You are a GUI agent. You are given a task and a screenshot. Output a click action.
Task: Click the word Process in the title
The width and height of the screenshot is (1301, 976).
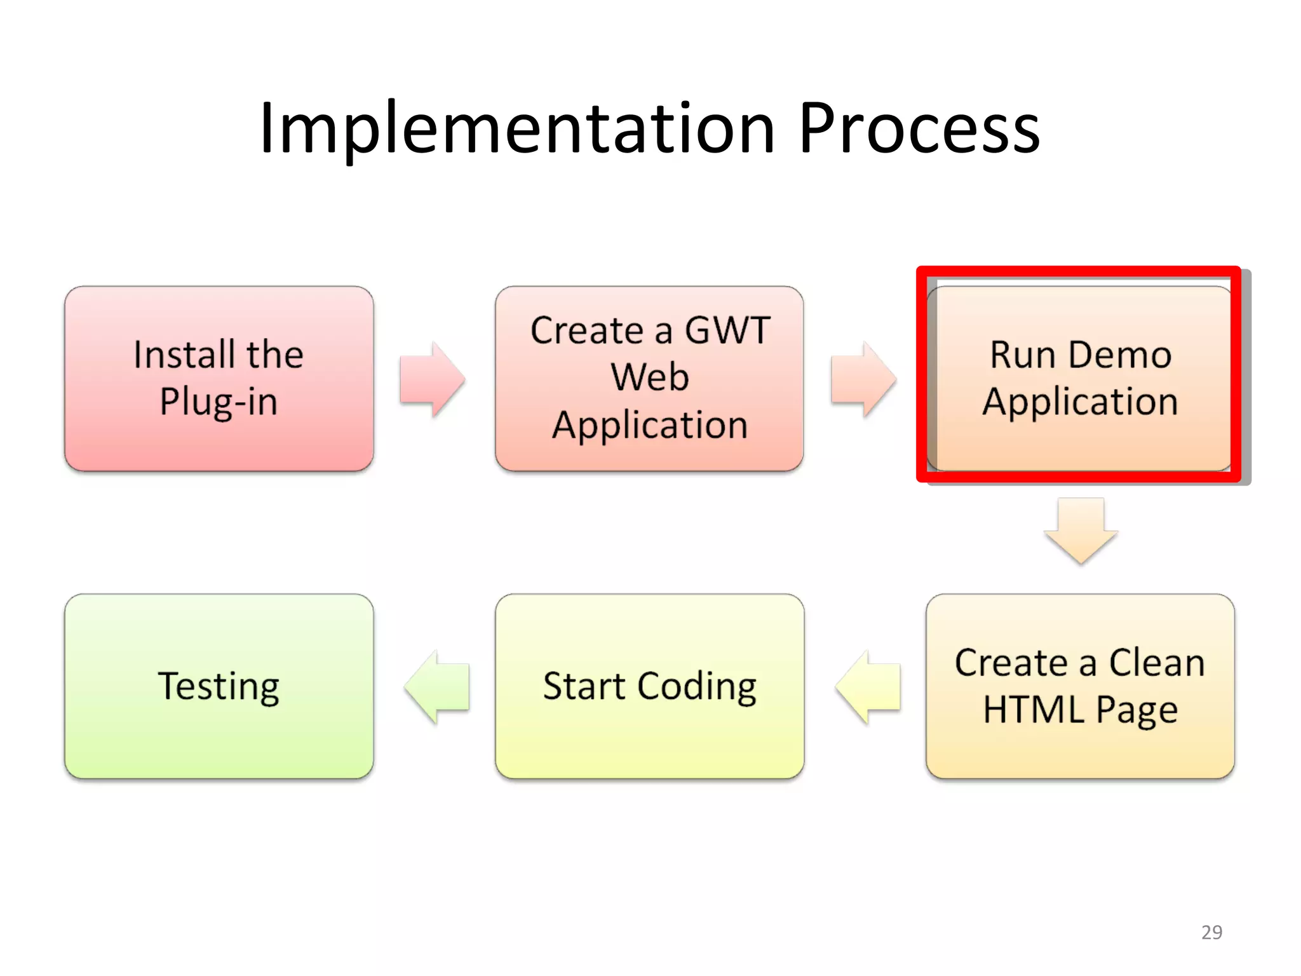pyautogui.click(x=919, y=129)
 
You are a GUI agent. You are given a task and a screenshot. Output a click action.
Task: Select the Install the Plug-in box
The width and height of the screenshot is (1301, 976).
pyautogui.click(x=219, y=378)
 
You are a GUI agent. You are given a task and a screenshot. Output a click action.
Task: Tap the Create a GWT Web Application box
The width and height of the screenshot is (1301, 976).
pyautogui.click(x=649, y=378)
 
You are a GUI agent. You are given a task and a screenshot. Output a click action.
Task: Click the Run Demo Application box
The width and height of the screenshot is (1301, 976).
pyautogui.click(x=1079, y=378)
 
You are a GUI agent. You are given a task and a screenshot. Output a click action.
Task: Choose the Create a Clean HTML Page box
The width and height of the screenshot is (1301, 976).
pyautogui.click(x=1079, y=686)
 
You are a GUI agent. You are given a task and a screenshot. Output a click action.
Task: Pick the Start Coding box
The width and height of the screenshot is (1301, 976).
pyautogui.click(x=649, y=686)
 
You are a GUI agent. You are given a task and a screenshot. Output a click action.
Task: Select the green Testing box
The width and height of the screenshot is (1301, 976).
pyautogui.click(x=219, y=686)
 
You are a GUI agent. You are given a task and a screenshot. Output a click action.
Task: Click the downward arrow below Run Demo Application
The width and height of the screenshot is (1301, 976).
pyautogui.click(x=1081, y=530)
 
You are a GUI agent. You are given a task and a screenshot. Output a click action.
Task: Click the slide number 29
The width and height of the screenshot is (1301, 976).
pyautogui.click(x=1211, y=932)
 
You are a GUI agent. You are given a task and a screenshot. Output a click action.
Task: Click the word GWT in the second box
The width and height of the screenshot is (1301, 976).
pyautogui.click(x=727, y=331)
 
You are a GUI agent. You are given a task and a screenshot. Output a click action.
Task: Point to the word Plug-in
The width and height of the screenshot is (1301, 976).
pyautogui.click(x=219, y=402)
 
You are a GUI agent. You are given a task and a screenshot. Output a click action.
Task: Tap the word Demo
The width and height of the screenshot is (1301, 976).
pyautogui.click(x=1119, y=355)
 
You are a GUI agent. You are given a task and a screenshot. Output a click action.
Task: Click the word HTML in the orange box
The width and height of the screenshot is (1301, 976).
pyautogui.click(x=1033, y=710)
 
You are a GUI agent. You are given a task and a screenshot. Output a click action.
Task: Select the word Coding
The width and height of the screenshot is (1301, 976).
pyautogui.click(x=697, y=687)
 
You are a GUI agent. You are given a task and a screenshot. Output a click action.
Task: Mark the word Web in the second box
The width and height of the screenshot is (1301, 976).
pyautogui.click(x=649, y=377)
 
